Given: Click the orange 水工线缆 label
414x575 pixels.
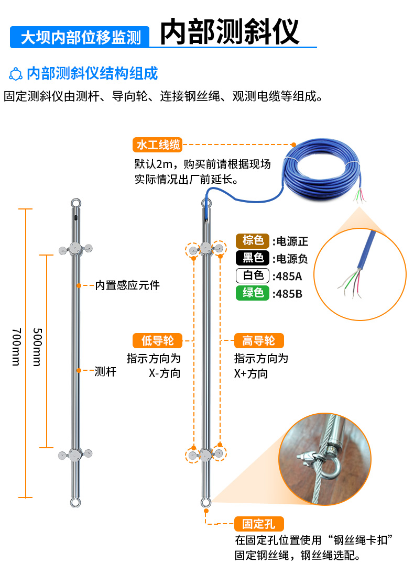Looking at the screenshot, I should [x=158, y=144].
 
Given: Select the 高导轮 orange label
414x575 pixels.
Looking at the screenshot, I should [x=258, y=341].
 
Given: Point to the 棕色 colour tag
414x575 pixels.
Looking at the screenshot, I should [x=253, y=240].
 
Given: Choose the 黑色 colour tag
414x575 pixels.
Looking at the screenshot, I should [x=253, y=258].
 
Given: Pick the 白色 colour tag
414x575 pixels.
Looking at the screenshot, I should [x=253, y=275].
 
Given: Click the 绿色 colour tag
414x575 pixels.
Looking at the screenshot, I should [x=253, y=293].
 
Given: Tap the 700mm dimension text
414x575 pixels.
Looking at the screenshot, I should [x=16, y=347].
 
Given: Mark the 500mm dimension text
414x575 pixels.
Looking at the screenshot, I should [x=37, y=347].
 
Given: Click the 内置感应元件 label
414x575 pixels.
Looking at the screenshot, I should [x=127, y=285].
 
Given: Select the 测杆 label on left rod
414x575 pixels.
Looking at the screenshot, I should [x=105, y=371].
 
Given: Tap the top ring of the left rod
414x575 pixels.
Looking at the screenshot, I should [x=76, y=202].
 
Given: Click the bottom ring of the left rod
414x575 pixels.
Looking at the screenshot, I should [x=76, y=503].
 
